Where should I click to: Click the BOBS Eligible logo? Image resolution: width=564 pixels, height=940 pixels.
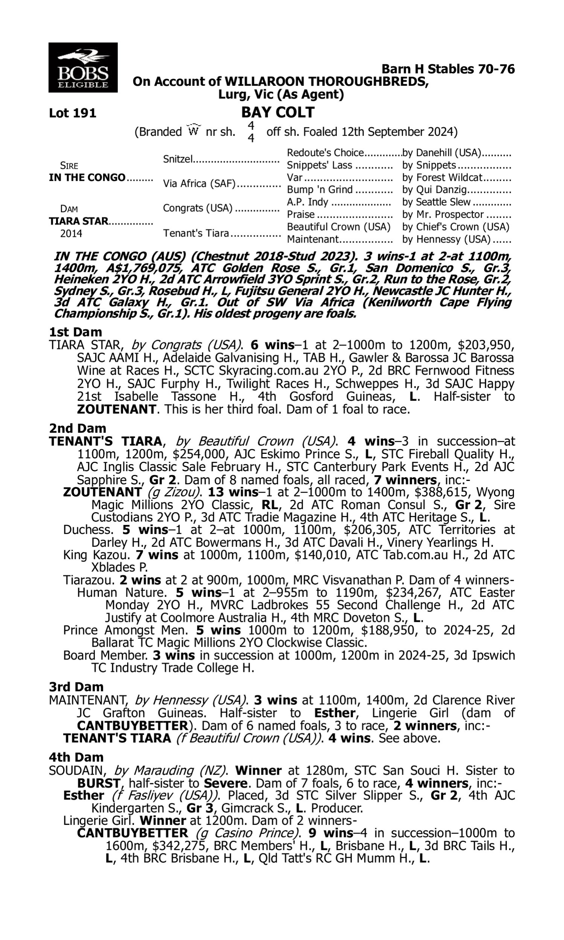pyautogui.click(x=83, y=67)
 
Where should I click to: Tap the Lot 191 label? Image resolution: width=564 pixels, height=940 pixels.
pyautogui.click(x=73, y=113)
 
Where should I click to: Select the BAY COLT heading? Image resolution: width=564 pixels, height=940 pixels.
pyautogui.click(x=278, y=112)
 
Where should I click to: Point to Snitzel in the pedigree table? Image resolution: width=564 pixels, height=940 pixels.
pyautogui.click(x=178, y=159)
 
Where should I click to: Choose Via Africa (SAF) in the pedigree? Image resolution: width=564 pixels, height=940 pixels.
pyautogui.click(x=199, y=183)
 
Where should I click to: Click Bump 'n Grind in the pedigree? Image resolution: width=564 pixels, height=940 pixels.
pyautogui.click(x=320, y=190)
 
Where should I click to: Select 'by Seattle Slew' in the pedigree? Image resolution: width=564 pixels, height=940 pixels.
pyautogui.click(x=436, y=202)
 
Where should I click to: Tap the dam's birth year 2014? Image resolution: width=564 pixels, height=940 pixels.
pyautogui.click(x=71, y=233)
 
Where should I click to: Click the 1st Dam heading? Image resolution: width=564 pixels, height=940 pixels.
pyautogui.click(x=75, y=332)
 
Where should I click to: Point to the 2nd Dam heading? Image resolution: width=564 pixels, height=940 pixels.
pyautogui.click(x=77, y=428)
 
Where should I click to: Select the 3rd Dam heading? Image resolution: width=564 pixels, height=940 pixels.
pyautogui.click(x=76, y=687)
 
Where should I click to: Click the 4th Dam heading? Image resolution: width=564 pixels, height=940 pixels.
pyautogui.click(x=76, y=757)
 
